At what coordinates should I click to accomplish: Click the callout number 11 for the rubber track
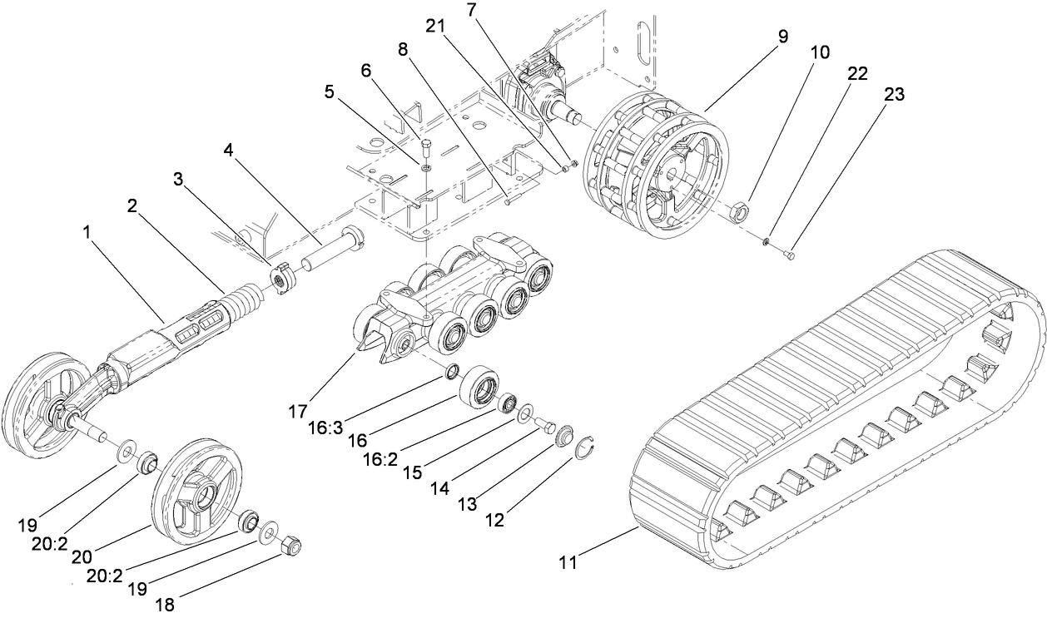pos(567,563)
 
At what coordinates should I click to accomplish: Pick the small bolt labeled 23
pos(789,256)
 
